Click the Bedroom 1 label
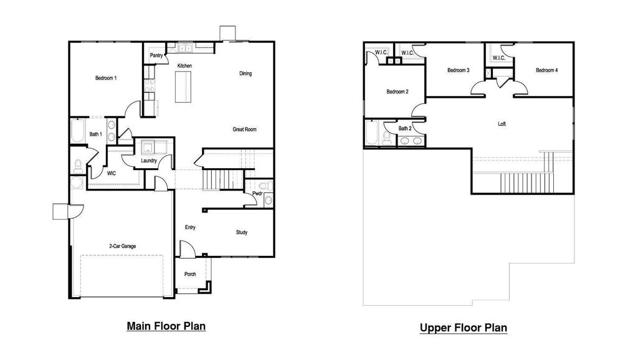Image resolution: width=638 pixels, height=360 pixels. click(106, 78)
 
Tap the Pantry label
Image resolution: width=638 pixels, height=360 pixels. click(156, 55)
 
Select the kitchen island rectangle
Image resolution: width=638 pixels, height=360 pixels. click(184, 86)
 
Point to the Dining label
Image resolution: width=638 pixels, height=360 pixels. click(245, 73)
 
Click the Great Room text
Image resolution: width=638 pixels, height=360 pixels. click(244, 130)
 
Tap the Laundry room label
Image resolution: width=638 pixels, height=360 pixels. click(149, 161)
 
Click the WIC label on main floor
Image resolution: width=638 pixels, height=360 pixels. click(112, 173)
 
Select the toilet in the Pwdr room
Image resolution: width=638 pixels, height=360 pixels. click(262, 186)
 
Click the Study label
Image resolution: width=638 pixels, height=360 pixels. click(242, 232)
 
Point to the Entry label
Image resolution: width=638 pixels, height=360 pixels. click(190, 227)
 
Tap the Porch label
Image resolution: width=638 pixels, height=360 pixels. click(190, 274)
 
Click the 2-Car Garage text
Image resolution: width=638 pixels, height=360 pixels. click(122, 246)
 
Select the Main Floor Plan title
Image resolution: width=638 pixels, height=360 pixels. click(166, 326)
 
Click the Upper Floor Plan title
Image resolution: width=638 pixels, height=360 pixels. click(463, 328)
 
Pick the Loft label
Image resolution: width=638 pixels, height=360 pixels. click(502, 124)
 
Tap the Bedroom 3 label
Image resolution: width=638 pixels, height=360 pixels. click(458, 70)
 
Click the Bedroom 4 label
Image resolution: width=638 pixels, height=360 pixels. click(546, 70)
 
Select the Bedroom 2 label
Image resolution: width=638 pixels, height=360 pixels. click(398, 92)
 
